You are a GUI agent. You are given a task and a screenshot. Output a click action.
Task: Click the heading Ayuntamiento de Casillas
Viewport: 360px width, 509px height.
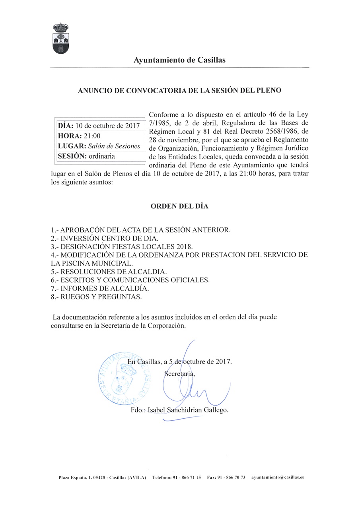point(180,60)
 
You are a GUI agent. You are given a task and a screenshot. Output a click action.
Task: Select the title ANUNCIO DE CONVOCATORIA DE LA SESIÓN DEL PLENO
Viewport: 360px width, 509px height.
point(179,90)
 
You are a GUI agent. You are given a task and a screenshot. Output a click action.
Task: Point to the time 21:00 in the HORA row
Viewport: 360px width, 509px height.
point(92,136)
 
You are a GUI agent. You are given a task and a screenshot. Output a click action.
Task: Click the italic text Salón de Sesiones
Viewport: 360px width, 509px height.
point(115,146)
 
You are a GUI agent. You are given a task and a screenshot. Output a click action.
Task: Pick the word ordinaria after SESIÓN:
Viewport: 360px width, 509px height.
point(102,156)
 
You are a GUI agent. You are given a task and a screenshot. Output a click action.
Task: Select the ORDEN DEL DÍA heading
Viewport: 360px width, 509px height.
point(179,206)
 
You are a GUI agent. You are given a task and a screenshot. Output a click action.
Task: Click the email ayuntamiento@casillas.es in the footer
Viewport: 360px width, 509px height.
point(278,477)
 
